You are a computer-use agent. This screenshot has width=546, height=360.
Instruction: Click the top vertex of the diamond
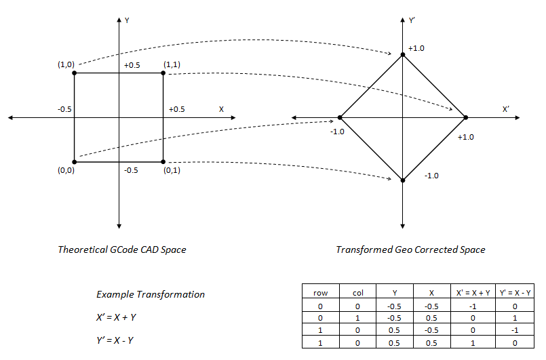[403, 55]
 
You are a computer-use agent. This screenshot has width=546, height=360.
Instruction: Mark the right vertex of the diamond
[466, 118]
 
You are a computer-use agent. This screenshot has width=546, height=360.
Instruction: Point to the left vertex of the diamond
[340, 118]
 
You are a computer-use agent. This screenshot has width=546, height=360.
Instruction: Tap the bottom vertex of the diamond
[403, 180]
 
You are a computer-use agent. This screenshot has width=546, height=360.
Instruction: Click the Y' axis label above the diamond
[412, 21]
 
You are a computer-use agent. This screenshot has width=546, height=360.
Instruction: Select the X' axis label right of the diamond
[505, 108]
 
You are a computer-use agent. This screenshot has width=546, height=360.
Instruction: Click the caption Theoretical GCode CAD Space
[122, 249]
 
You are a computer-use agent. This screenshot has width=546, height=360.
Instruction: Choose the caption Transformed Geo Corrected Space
[410, 249]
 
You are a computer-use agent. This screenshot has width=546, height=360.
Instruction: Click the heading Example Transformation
[151, 294]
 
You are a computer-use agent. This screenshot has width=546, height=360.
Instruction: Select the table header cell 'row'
[321, 293]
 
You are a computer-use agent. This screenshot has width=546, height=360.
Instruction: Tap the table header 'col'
[358, 293]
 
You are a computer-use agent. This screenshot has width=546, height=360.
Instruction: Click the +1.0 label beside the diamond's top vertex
[416, 49]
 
